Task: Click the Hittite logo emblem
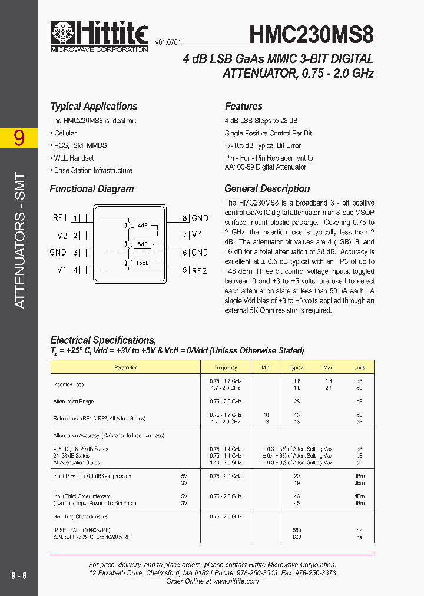coord(63,33)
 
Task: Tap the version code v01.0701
coord(168,42)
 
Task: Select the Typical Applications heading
coord(94,107)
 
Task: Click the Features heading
coord(244,107)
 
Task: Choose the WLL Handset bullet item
coord(72,158)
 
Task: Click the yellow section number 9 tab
coord(19,138)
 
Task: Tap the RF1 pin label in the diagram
coord(60,217)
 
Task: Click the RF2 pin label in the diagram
coord(200,270)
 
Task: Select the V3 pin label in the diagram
coord(197,234)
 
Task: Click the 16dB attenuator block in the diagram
coord(142,263)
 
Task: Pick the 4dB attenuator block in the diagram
coord(143,226)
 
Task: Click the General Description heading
coord(267,189)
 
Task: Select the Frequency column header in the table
coord(226,367)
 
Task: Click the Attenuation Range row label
coord(74,402)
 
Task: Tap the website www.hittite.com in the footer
coord(235,581)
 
